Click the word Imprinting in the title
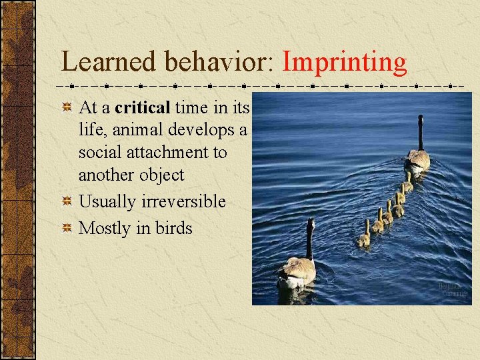tap(344, 63)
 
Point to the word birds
tap(173, 228)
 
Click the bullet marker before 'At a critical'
tap(67, 107)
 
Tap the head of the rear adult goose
tap(310, 223)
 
